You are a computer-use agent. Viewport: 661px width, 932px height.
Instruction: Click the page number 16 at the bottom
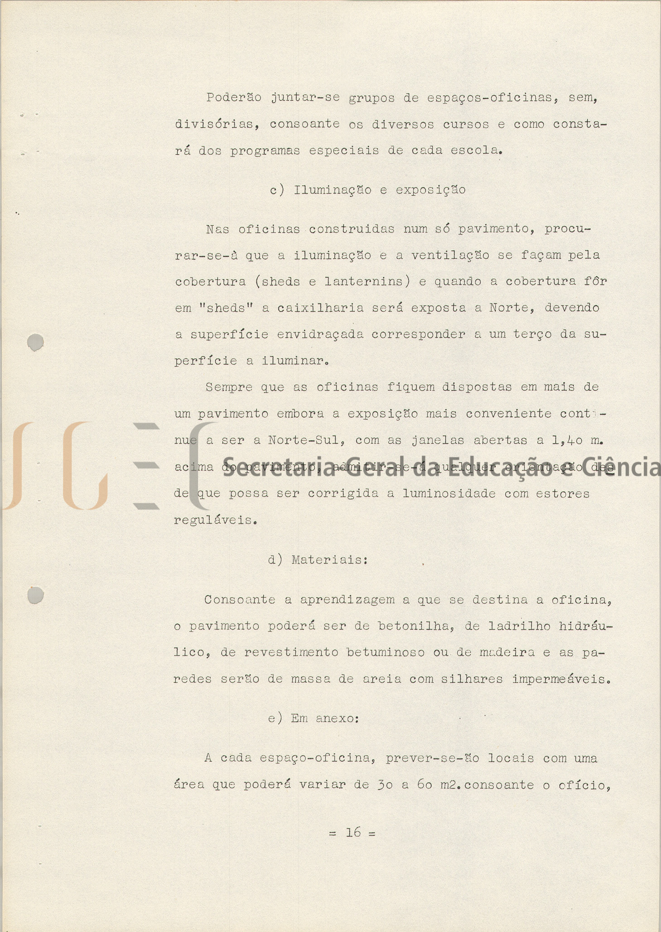tap(353, 832)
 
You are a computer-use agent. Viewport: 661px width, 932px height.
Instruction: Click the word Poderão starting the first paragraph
tap(234, 97)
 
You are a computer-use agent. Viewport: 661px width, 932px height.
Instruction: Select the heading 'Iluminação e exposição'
tap(380, 190)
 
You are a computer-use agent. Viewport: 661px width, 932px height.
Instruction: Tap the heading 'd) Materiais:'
tap(318, 560)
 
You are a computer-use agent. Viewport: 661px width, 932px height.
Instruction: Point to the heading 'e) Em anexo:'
tap(314, 718)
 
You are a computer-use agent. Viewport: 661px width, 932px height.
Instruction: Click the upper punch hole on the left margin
tap(35, 342)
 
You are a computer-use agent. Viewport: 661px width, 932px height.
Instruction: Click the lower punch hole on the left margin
tap(35, 595)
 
